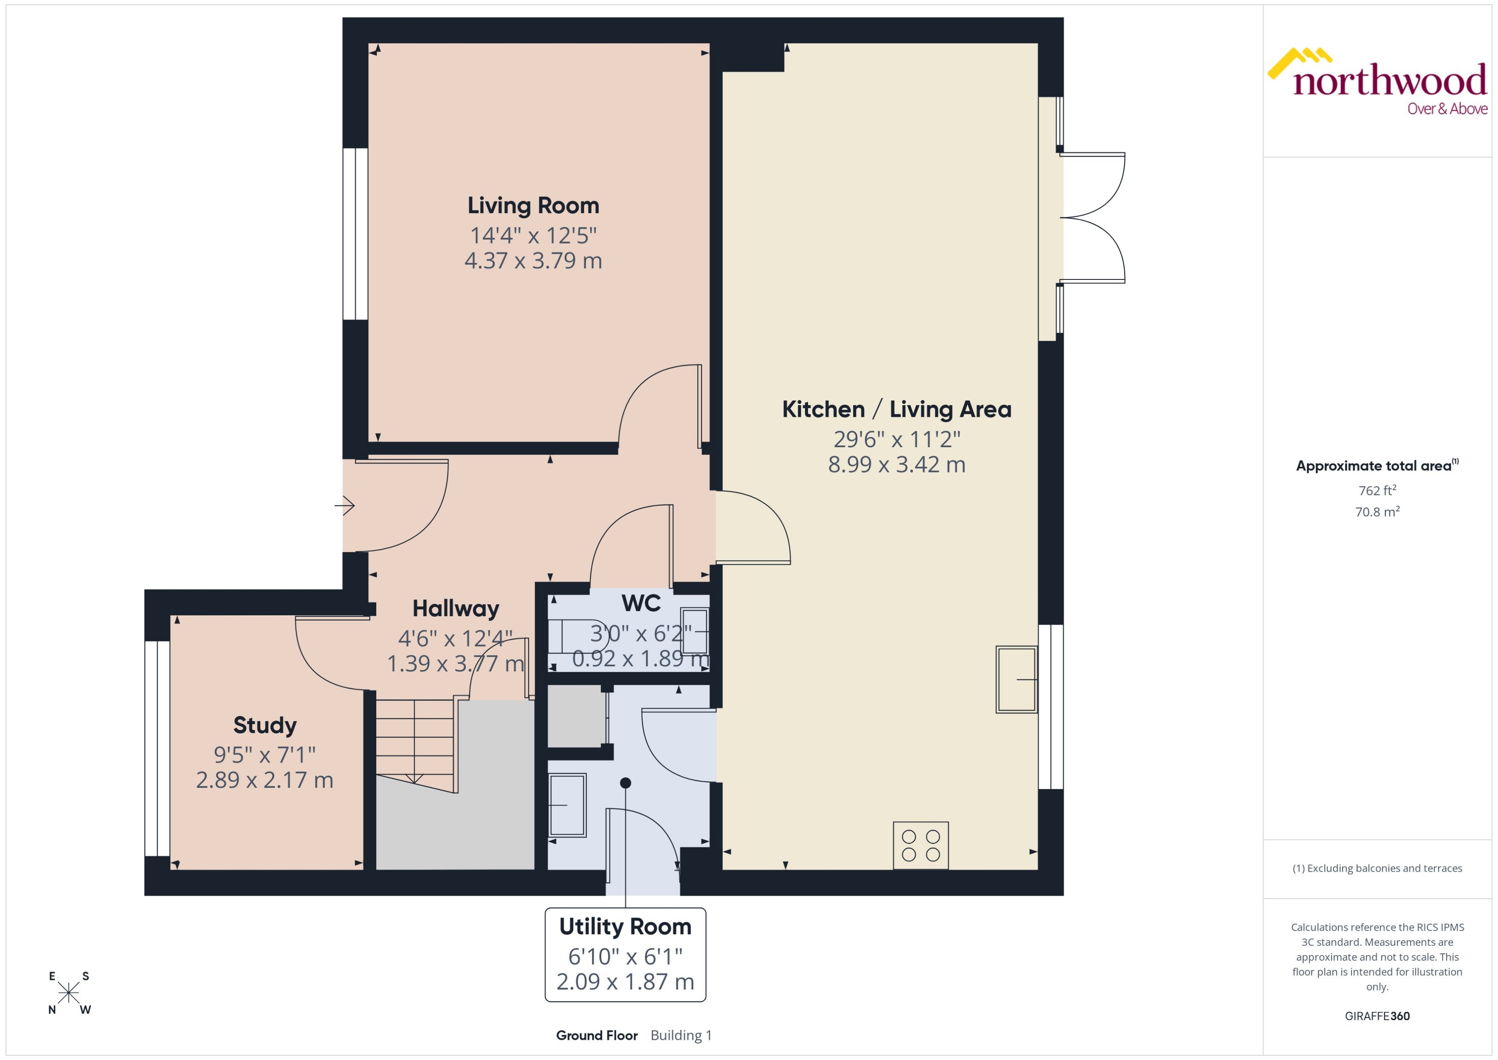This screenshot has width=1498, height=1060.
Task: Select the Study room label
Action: pyautogui.click(x=265, y=725)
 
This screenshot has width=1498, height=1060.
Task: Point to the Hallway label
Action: pyautogui.click(x=455, y=609)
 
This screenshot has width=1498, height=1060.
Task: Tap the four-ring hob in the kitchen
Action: pyautogui.click(x=920, y=845)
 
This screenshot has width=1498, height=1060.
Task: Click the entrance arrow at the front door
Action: pyautogui.click(x=345, y=505)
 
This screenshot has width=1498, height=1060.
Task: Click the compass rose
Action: pyautogui.click(x=68, y=993)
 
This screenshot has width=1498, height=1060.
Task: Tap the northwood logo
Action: pyautogui.click(x=1377, y=82)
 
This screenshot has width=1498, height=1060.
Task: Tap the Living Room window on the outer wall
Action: pyautogui.click(x=355, y=234)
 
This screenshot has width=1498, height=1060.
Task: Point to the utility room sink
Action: pyautogui.click(x=567, y=805)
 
